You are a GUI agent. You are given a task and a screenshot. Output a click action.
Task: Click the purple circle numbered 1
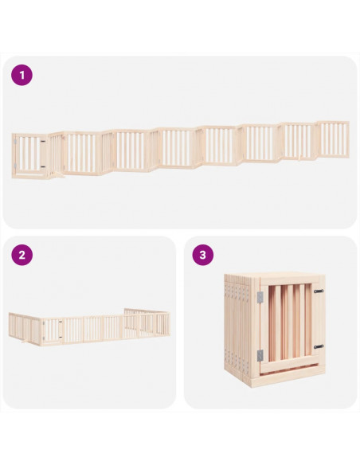[22, 76]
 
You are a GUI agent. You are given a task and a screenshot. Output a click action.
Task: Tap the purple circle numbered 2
[22, 255]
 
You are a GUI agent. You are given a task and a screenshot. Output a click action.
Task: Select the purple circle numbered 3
[203, 255]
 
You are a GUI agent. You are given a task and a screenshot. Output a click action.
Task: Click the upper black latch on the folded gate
[319, 291]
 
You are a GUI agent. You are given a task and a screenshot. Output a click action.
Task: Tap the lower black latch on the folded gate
[319, 346]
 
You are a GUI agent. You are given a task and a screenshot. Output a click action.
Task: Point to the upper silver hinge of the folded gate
[260, 297]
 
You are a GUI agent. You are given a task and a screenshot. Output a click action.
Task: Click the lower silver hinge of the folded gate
[260, 355]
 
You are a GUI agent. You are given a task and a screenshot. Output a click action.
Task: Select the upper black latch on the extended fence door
[43, 142]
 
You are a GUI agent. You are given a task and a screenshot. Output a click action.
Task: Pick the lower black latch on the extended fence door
[43, 167]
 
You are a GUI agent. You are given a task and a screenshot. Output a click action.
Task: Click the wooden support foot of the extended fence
[57, 175]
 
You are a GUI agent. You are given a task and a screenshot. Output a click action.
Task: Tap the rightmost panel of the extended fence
[333, 139]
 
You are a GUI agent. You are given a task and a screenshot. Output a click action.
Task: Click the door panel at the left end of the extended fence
[29, 156]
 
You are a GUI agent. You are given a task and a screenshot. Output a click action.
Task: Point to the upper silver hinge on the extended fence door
[15, 142]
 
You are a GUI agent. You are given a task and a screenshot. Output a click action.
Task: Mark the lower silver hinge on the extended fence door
[15, 166]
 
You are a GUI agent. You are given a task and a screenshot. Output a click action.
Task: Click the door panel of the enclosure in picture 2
[52, 330]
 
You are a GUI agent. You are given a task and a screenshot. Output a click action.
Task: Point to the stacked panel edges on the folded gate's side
[238, 328]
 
